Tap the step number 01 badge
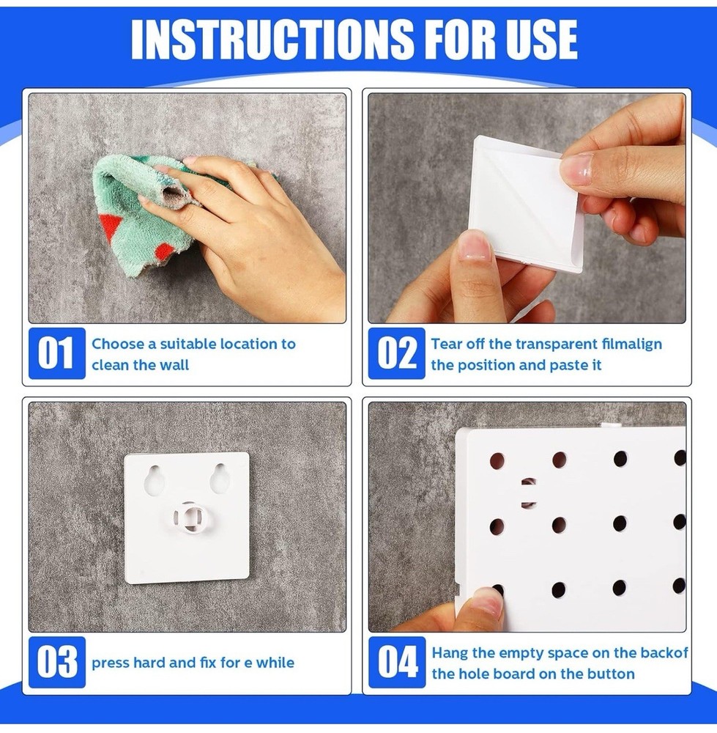coord(56,353)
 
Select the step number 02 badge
coord(396,353)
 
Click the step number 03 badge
coord(56,663)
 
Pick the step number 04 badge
coord(396,663)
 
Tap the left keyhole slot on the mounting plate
coord(155,480)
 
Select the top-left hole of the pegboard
coord(497,460)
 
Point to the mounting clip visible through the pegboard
coord(528,492)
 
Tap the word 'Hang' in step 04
coord(449,652)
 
